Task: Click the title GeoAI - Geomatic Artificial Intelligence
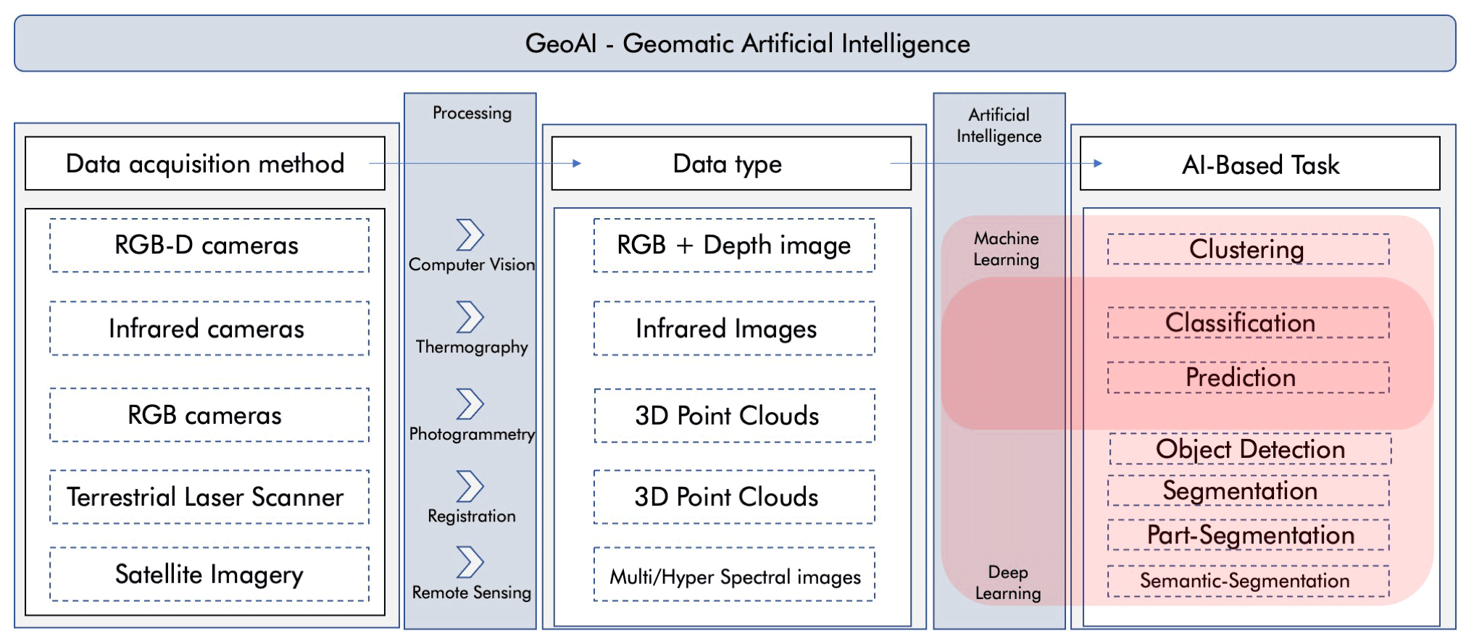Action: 747,43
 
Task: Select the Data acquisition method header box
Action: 205,164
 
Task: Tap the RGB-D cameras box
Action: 209,246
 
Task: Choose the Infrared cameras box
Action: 209,329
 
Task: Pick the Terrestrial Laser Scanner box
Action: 209,497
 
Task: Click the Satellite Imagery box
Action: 209,574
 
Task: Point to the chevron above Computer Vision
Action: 470,235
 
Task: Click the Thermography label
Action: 472,347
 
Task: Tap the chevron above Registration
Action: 470,486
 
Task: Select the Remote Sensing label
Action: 472,593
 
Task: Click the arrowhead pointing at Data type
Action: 577,164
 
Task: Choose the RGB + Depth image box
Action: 733,246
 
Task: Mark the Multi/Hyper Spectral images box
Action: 733,577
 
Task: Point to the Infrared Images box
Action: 733,329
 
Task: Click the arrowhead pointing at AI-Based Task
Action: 1098,164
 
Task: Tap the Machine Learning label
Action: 1006,248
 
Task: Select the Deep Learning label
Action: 1007,582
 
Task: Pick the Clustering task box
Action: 1248,249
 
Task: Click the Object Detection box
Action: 1250,449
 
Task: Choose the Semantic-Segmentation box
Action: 1248,581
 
